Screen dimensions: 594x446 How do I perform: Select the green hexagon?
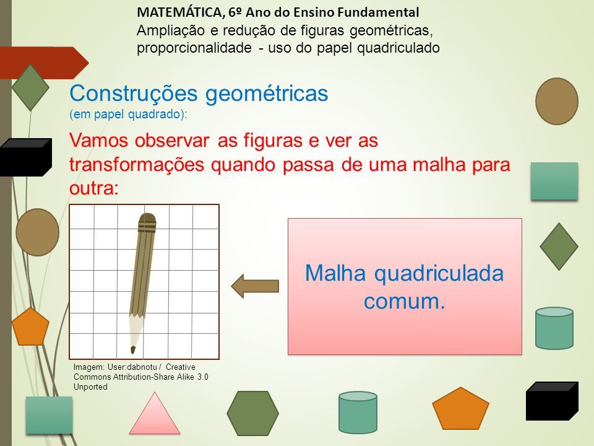pyautogui.click(x=252, y=413)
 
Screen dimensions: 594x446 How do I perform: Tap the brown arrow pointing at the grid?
pyautogui.click(x=255, y=286)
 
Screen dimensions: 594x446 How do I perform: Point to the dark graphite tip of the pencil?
pyautogui.click(x=133, y=349)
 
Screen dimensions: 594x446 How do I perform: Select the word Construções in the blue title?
pyautogui.click(x=134, y=94)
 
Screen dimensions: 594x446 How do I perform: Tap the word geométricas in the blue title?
pyautogui.click(x=267, y=94)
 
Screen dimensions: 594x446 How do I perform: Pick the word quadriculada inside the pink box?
pyautogui.click(x=439, y=273)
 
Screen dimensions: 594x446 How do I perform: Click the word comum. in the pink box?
pyautogui.click(x=404, y=302)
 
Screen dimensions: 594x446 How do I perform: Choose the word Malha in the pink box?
pyautogui.click(x=335, y=273)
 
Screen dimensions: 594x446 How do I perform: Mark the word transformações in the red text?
pyautogui.click(x=137, y=165)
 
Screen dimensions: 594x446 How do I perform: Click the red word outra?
pyautogui.click(x=94, y=188)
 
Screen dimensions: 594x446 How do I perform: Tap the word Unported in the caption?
pyautogui.click(x=90, y=387)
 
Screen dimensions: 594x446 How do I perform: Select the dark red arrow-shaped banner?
pyautogui.click(x=43, y=63)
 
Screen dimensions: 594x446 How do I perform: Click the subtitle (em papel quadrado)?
pyautogui.click(x=128, y=114)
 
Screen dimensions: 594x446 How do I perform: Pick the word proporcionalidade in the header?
pyautogui.click(x=194, y=48)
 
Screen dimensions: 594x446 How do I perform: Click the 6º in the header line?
pyautogui.click(x=235, y=12)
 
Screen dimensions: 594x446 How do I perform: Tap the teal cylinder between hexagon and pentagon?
pyautogui.click(x=358, y=413)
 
